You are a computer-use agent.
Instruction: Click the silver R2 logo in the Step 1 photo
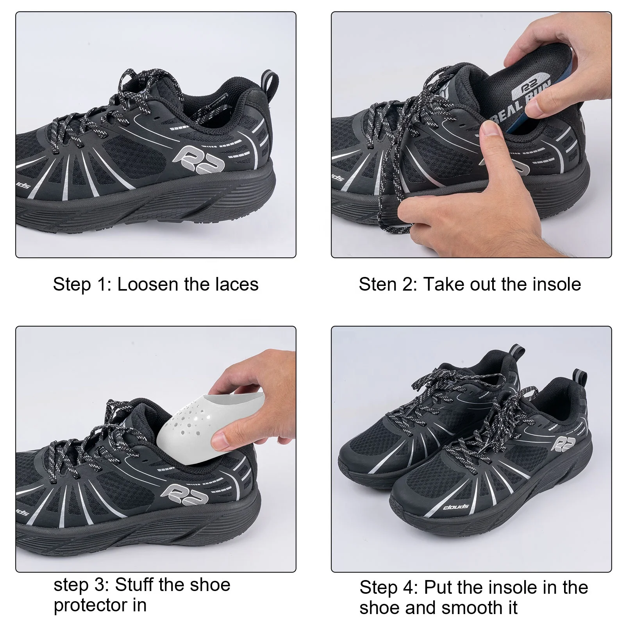click(x=199, y=157)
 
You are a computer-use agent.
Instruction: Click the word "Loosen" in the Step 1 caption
click(x=147, y=284)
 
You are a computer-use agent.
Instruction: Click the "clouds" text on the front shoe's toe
click(x=456, y=507)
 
